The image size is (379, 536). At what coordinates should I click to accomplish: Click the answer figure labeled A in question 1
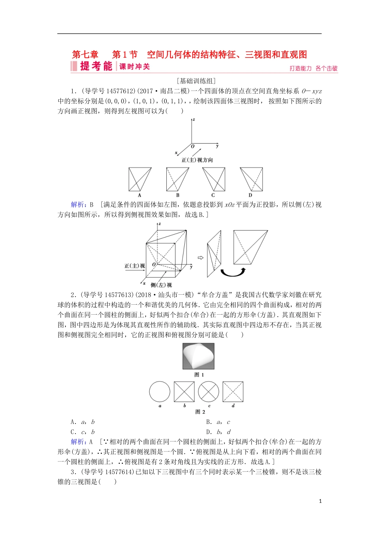(x=140, y=179)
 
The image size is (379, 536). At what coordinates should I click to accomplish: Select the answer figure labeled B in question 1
(x=178, y=179)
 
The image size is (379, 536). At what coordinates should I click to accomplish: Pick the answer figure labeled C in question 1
(x=213, y=179)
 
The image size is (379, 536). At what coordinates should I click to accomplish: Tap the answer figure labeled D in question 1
(x=251, y=179)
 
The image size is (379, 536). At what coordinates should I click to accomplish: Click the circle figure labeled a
(x=160, y=392)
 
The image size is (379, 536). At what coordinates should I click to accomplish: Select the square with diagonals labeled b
(x=184, y=392)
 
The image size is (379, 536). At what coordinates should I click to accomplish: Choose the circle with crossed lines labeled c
(x=209, y=392)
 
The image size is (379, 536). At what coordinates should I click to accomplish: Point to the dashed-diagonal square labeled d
(x=233, y=392)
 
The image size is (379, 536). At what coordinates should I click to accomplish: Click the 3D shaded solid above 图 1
(x=198, y=356)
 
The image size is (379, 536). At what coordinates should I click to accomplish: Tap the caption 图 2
(x=200, y=412)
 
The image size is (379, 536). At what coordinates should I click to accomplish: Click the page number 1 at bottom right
(x=320, y=501)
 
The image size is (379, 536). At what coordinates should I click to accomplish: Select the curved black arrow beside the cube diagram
(x=233, y=272)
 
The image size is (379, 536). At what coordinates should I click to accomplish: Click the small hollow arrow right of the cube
(x=201, y=258)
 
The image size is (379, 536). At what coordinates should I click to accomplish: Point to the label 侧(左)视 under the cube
(x=161, y=285)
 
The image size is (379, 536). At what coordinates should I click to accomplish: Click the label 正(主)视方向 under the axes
(x=197, y=160)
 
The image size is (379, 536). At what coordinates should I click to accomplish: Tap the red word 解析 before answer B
(x=77, y=205)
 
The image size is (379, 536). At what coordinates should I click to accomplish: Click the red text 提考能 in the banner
(x=96, y=66)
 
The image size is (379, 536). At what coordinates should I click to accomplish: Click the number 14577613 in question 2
(x=118, y=295)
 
